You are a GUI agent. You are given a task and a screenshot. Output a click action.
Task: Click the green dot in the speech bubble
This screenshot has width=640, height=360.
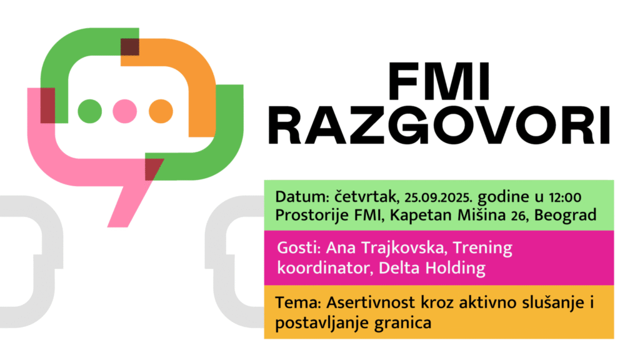coord(90,111)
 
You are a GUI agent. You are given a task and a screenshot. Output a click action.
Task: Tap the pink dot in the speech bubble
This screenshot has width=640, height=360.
coord(125,111)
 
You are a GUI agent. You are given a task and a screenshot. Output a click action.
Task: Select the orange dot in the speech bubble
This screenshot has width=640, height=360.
coord(161,111)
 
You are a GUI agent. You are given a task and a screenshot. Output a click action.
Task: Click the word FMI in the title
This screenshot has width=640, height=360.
coord(439,82)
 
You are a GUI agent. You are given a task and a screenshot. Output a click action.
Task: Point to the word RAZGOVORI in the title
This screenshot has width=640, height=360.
coord(439,125)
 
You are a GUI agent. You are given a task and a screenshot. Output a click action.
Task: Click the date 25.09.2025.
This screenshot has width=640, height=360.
coord(438,197)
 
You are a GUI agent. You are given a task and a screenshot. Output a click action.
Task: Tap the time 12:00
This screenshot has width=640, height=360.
coord(565,197)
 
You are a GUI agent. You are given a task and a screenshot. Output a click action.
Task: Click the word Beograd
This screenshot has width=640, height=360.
coord(565,215)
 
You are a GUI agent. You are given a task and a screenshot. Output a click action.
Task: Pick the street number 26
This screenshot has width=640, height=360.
coord(518,216)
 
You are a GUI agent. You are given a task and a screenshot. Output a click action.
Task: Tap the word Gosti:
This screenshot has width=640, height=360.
coord(299,247)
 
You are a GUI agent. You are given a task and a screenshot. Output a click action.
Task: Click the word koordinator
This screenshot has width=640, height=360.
coord(325,268)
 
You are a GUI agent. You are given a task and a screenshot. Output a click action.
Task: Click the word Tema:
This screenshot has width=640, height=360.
coord(299,303)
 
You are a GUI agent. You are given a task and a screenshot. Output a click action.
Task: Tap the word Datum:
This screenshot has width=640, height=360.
coord(302,197)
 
